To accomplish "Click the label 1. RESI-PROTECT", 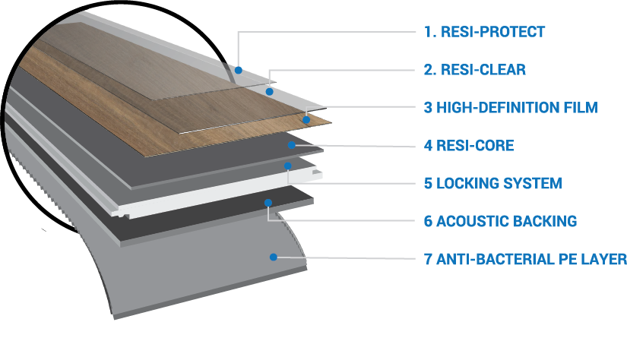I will (x=484, y=32).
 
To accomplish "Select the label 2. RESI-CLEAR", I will (x=474, y=70).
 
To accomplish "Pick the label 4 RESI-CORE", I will (x=468, y=145).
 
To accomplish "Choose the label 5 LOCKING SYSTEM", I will (x=492, y=183).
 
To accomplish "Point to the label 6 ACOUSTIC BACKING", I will (x=500, y=221).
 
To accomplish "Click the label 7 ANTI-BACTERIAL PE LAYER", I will (x=524, y=259).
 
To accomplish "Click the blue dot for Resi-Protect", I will (x=238, y=70).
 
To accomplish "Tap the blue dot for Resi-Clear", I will (x=269, y=91).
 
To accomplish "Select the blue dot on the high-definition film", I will (x=306, y=119).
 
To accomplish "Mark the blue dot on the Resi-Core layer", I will (x=291, y=144).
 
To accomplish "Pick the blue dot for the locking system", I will (x=288, y=165).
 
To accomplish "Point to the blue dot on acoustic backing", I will (x=268, y=202).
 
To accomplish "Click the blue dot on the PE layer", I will (x=272, y=257).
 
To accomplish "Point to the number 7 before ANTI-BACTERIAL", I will (x=428, y=259).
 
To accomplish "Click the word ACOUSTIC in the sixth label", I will (x=471, y=221).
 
